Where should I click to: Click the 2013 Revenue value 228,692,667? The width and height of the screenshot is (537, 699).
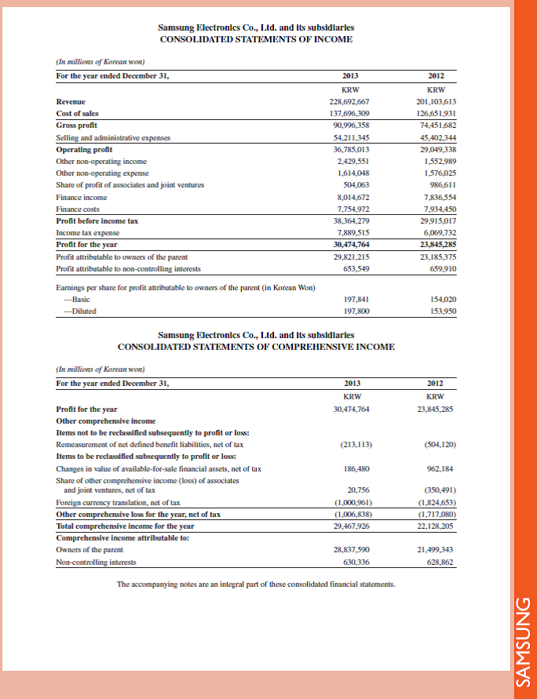click(351, 102)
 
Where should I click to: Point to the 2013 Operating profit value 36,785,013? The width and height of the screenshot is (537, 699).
click(351, 149)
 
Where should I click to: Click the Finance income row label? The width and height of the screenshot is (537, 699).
click(82, 198)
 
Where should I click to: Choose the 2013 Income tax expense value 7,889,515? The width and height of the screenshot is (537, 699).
click(352, 233)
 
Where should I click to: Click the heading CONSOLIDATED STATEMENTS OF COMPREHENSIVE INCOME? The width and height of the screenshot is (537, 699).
click(256, 346)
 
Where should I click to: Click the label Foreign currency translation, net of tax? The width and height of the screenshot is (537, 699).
click(119, 502)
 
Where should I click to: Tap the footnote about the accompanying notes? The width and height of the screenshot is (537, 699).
click(256, 584)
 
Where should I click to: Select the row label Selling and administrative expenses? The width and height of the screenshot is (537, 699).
click(114, 137)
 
